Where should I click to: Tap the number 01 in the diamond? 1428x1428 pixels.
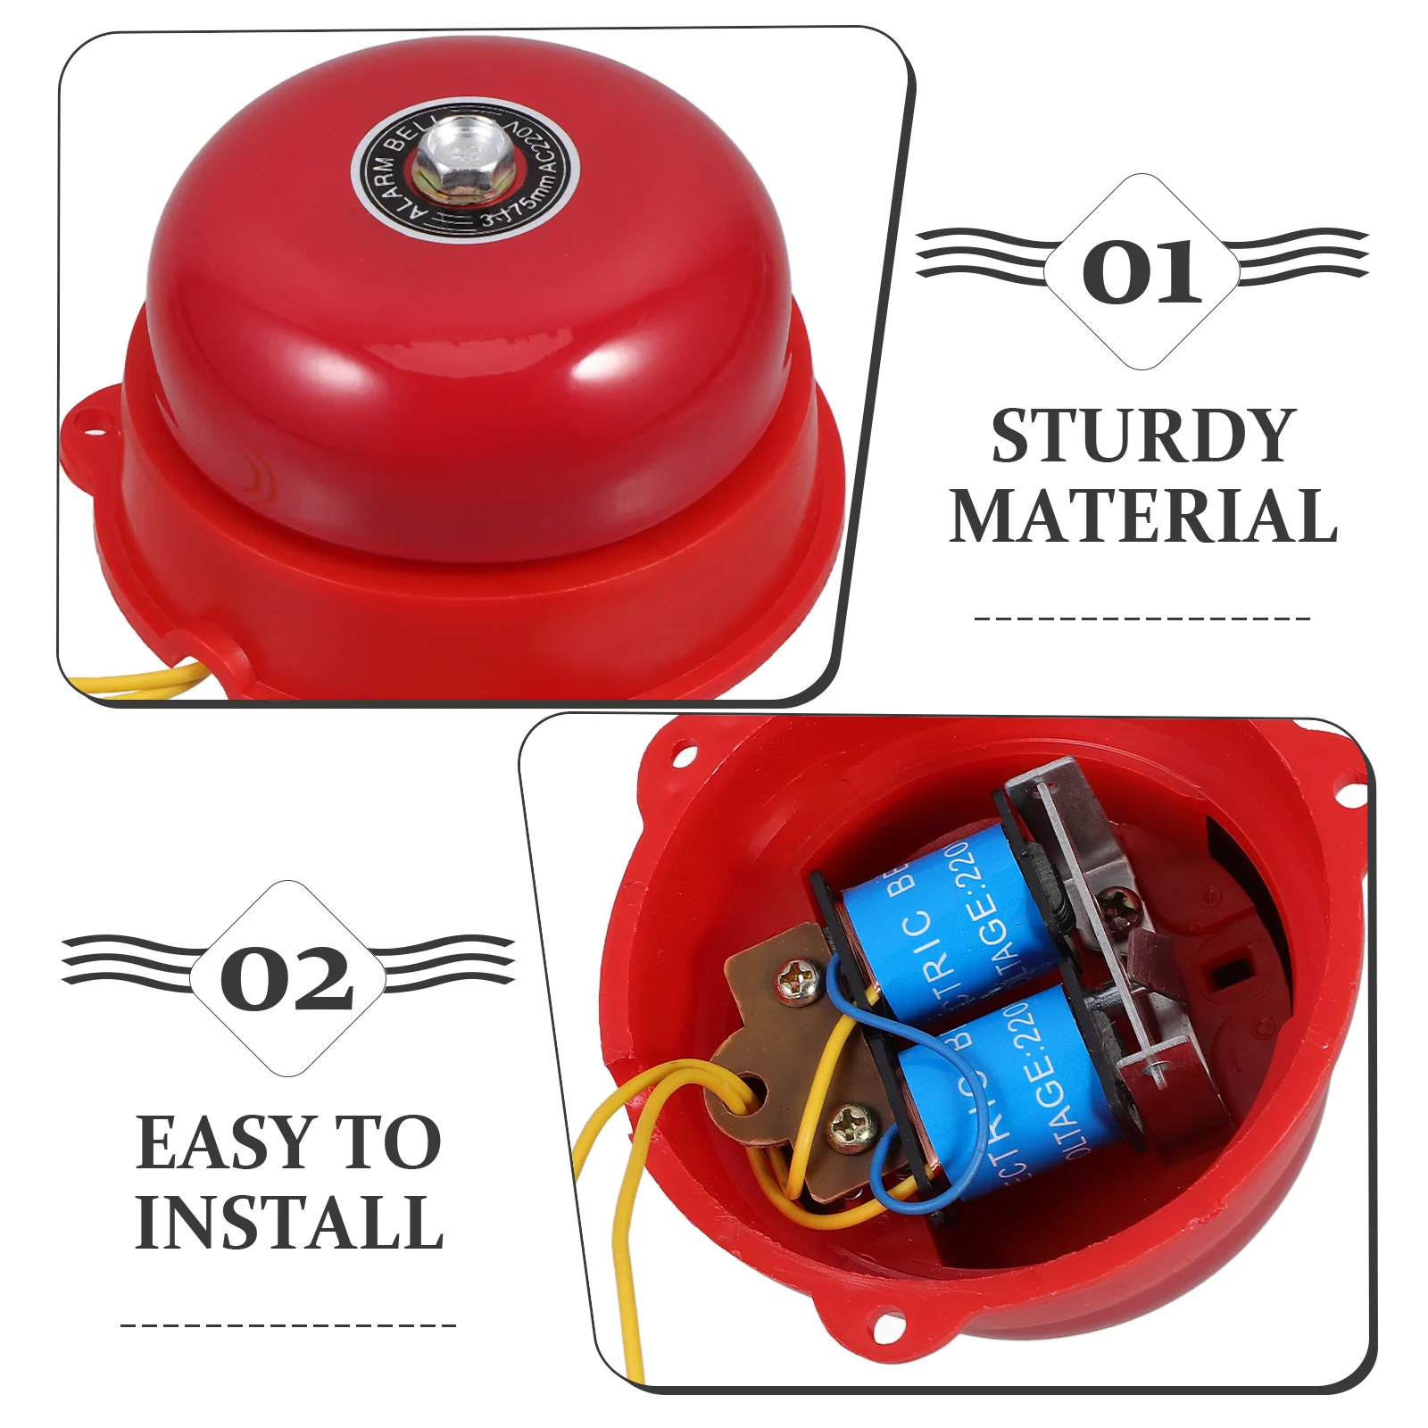pyautogui.click(x=1142, y=271)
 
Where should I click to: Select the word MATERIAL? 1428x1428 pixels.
pyautogui.click(x=1142, y=516)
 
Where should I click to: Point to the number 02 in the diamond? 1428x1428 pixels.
pyautogui.click(x=287, y=979)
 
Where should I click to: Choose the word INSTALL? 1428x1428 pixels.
pyautogui.click(x=289, y=1222)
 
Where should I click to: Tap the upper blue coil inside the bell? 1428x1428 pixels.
pyautogui.click(x=946, y=910)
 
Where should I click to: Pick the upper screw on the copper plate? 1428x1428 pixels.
pyautogui.click(x=793, y=982)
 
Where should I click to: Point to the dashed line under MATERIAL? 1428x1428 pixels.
pyautogui.click(x=1142, y=618)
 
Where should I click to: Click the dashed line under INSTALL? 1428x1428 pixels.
pyautogui.click(x=288, y=1324)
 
